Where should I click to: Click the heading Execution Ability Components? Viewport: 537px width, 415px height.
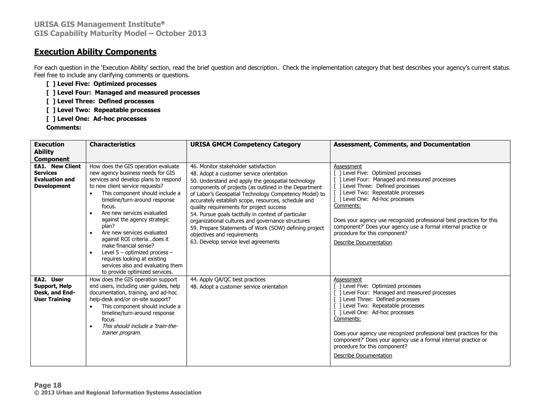pyautogui.click(x=95, y=52)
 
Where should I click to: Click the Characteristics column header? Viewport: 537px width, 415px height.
pyautogui.click(x=112, y=144)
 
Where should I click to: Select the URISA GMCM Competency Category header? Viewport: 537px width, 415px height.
pyautogui.click(x=245, y=144)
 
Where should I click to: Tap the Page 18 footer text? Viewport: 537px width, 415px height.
pyautogui.click(x=48, y=385)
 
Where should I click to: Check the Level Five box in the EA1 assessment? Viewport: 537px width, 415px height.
pyautogui.click(x=337, y=173)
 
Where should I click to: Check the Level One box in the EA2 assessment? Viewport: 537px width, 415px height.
pyautogui.click(x=337, y=312)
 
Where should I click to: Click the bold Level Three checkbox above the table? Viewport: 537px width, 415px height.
pyautogui.click(x=51, y=101)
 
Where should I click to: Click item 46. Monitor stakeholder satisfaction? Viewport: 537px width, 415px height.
pyautogui.click(x=233, y=166)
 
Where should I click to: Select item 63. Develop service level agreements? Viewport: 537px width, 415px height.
pyautogui.click(x=235, y=242)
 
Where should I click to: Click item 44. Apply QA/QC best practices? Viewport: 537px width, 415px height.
pyautogui.click(x=228, y=280)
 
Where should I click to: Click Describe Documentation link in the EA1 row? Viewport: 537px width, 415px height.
pyautogui.click(x=363, y=242)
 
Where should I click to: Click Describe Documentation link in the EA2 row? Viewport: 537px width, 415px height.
pyautogui.click(x=363, y=355)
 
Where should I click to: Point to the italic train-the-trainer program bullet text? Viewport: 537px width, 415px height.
pyautogui.click(x=139, y=329)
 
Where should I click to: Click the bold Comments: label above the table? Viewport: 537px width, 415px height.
pyautogui.click(x=63, y=127)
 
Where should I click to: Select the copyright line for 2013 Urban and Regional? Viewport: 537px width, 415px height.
pyautogui.click(x=118, y=393)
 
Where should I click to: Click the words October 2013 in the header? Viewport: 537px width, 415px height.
pyautogui.click(x=181, y=33)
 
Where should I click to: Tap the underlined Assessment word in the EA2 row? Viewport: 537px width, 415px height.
pyautogui.click(x=347, y=280)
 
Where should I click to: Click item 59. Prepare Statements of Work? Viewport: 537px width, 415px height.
pyautogui.click(x=257, y=228)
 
